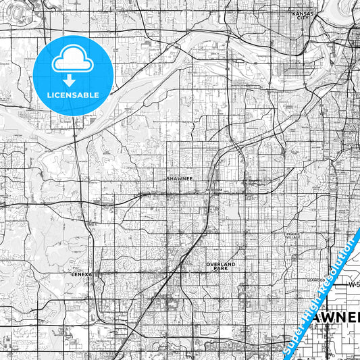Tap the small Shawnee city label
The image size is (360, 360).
(x=179, y=180)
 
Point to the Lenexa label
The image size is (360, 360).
(x=80, y=276)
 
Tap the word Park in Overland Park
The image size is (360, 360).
(x=221, y=269)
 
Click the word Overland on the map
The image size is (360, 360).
(x=221, y=264)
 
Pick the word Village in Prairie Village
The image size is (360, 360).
(x=292, y=238)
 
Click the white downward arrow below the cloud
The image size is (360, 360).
(x=70, y=80)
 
